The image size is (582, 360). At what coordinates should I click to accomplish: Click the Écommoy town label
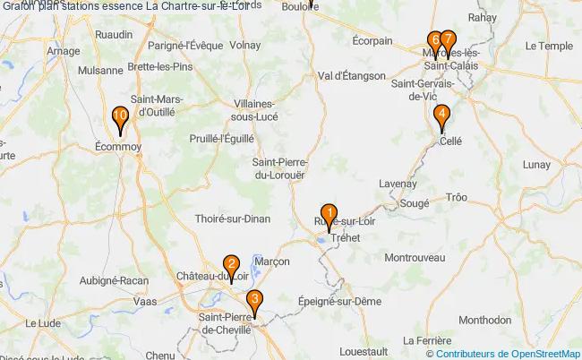coord(116,143)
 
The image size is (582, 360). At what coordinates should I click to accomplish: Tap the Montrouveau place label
coord(415,257)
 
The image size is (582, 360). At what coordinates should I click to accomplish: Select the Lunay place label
coord(537,165)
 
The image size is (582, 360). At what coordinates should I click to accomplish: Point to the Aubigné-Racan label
coord(114,280)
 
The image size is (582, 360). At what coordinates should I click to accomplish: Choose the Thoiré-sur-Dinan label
coord(232,218)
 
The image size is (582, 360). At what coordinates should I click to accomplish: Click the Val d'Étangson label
coord(351,76)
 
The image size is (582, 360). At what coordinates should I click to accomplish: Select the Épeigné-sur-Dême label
coord(340,302)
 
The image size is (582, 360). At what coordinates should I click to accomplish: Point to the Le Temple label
coord(548,46)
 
